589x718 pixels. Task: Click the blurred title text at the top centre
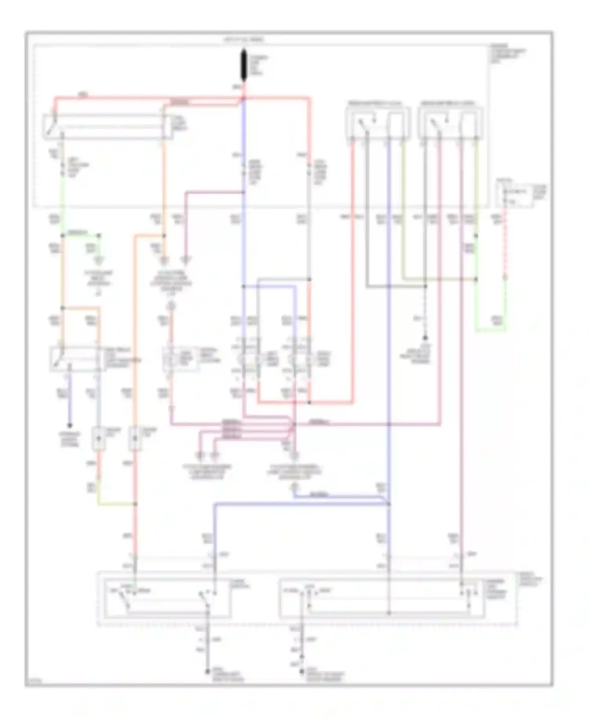[x=244, y=40]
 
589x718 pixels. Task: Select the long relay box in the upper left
[x=108, y=127]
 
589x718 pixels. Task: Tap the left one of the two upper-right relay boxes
[x=377, y=123]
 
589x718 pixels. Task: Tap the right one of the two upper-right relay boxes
[x=451, y=123]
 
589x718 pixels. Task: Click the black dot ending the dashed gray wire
[x=425, y=338]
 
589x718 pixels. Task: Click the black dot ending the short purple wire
[x=70, y=425]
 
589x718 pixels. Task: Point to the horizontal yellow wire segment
[x=116, y=504]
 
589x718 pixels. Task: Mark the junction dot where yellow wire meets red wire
[x=135, y=504]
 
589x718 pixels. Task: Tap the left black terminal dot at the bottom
[x=208, y=672]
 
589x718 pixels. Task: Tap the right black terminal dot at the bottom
[x=302, y=672]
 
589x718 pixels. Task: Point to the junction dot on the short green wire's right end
[x=99, y=236]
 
